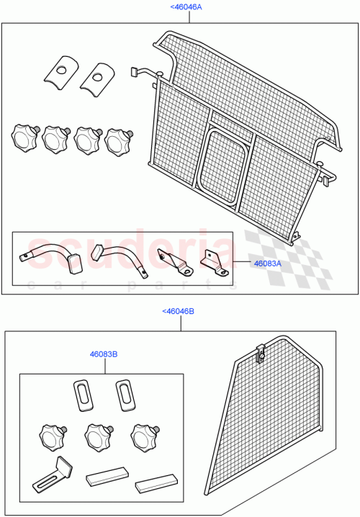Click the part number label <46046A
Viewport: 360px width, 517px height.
(x=186, y=6)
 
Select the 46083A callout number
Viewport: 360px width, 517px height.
(x=268, y=264)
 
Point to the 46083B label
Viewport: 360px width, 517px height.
(x=104, y=354)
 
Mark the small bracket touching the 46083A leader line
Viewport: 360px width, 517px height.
(x=215, y=262)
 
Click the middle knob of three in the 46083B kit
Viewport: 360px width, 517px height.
(x=97, y=436)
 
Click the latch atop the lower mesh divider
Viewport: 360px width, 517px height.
(x=261, y=353)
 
